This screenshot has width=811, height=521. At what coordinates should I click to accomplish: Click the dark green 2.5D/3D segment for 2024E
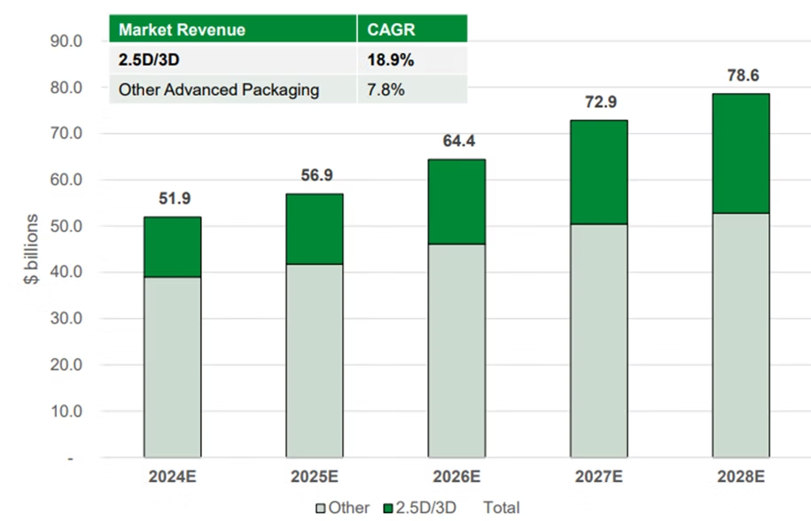pos(172,247)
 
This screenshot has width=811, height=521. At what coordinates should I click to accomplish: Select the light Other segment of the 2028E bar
pos(741,336)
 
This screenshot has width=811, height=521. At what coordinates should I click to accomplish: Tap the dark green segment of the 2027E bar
pos(599,172)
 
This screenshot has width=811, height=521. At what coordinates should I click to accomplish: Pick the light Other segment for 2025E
pos(315,361)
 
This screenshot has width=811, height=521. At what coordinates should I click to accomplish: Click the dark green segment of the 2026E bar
pos(456,202)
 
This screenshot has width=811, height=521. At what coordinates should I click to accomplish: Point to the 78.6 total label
pos(743,75)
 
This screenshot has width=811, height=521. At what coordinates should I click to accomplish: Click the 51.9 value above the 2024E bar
pos(175,198)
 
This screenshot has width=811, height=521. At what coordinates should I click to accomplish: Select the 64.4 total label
pos(459,141)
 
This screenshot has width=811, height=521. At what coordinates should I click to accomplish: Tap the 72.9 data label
pos(601,102)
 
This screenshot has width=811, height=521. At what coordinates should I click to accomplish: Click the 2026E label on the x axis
pos(456,476)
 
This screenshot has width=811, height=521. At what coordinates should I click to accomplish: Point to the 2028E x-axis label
pos(741,476)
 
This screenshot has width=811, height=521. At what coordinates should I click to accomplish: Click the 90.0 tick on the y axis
pos(66,41)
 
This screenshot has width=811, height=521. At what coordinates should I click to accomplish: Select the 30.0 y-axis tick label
pos(66,318)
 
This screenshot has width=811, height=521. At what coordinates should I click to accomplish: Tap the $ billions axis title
pos(32,249)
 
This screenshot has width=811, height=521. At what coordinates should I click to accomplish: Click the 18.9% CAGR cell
pos(391,60)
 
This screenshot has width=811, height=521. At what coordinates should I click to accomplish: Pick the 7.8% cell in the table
pos(386,89)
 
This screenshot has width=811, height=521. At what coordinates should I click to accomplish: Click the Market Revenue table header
pos(182,29)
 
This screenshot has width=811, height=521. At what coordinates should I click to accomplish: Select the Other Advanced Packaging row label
pos(219,90)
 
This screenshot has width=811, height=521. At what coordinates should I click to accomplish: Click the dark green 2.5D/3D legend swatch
pos(388,508)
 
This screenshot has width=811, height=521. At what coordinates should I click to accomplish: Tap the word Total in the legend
pos(502,508)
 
